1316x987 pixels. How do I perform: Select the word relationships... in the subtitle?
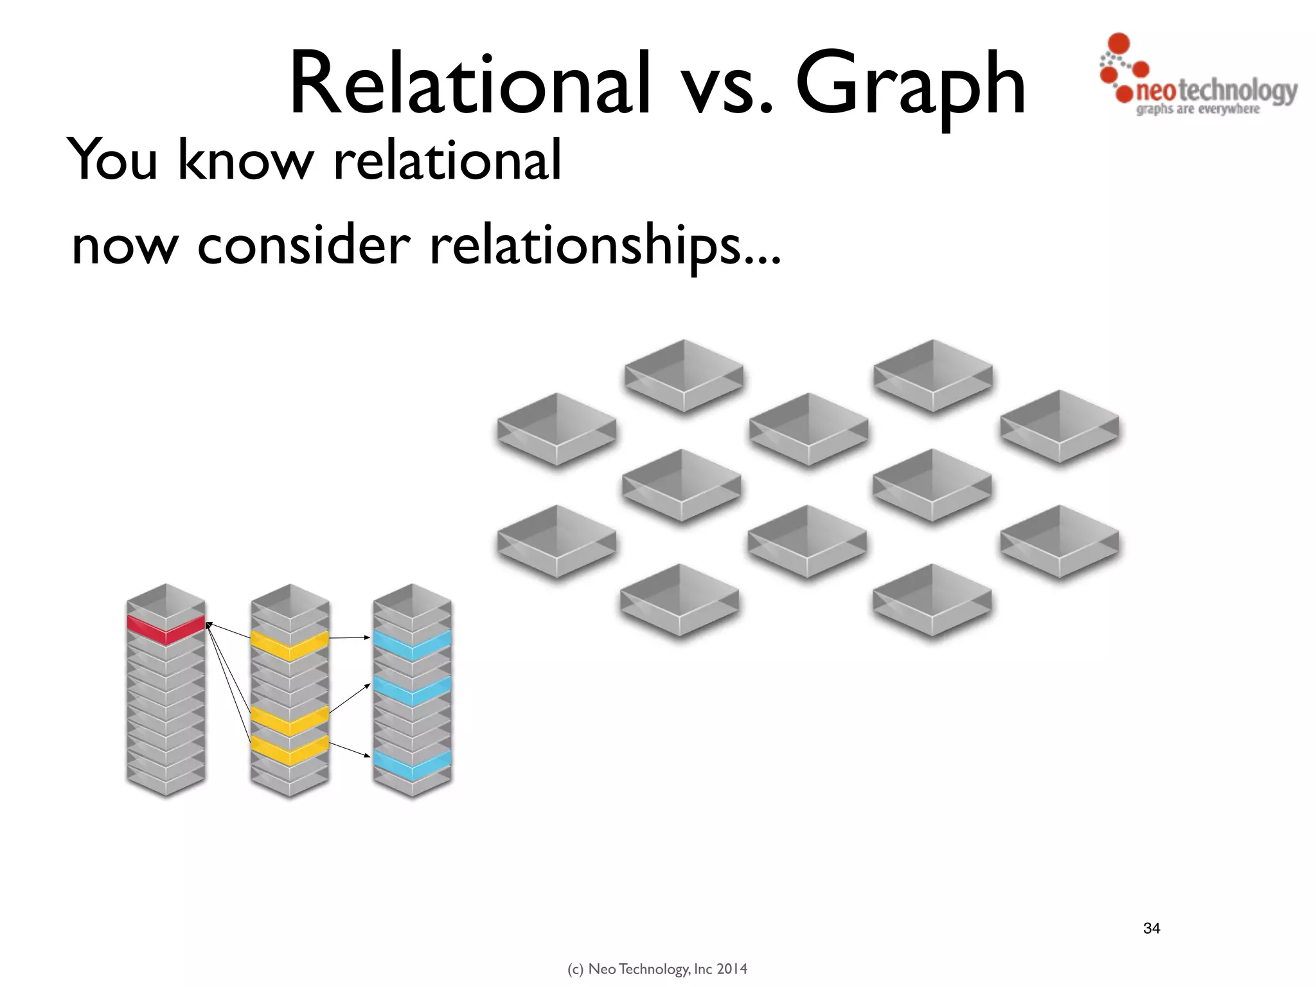604,247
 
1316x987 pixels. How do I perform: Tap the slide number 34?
1151,928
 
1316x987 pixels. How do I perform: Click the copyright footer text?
657,969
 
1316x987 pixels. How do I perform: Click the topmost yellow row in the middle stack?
290,646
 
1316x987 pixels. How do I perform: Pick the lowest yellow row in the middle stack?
290,751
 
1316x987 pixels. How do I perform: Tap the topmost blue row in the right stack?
413,646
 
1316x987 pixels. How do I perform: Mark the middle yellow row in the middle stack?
290,720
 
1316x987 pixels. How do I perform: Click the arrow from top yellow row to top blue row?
350,638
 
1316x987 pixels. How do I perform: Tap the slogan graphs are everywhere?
1198,109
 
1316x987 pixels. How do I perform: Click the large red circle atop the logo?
1119,44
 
